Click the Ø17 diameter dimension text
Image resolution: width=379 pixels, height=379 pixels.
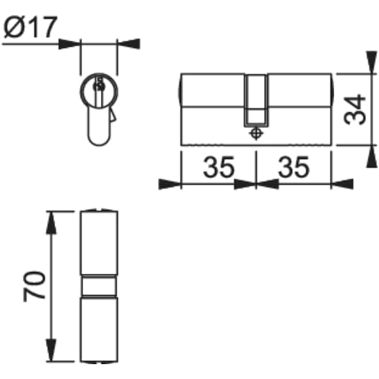coord(30,27)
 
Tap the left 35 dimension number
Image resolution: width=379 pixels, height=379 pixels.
coord(218,169)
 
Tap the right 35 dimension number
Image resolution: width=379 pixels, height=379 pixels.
coord(294,169)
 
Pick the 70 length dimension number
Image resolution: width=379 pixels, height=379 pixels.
coord(35,285)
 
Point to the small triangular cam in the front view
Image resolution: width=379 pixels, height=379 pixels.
coord(112,116)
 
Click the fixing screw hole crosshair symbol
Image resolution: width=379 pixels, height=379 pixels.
coord(255,134)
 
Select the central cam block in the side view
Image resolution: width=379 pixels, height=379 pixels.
coord(255,99)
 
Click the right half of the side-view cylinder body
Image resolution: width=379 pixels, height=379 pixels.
coord(298,107)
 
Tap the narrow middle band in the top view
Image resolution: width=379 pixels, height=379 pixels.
coord(98,285)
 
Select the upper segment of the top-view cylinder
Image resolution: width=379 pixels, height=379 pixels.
coord(98,243)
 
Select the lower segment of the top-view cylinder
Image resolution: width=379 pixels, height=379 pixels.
coord(98,327)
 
